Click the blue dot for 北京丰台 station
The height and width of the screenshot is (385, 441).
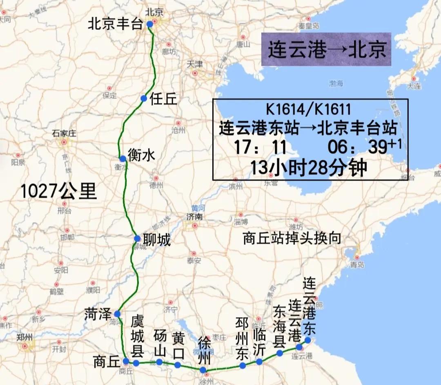click(x=150, y=25)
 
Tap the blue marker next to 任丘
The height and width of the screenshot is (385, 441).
click(x=143, y=98)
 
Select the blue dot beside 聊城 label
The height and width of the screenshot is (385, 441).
click(x=138, y=239)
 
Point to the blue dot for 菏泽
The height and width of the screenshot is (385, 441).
click(x=117, y=314)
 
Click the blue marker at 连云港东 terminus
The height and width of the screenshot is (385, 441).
click(x=307, y=340)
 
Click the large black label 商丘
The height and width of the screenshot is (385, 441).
click(x=106, y=362)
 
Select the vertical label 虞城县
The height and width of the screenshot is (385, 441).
click(x=137, y=337)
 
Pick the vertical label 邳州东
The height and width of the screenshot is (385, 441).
click(x=242, y=338)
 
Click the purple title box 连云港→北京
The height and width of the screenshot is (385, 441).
click(x=326, y=49)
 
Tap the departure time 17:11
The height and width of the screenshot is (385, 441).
click(x=260, y=147)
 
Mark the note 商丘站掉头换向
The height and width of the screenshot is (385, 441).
click(x=292, y=238)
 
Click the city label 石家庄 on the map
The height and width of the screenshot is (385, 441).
click(x=65, y=133)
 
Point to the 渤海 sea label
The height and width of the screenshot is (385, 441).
click(x=336, y=83)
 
